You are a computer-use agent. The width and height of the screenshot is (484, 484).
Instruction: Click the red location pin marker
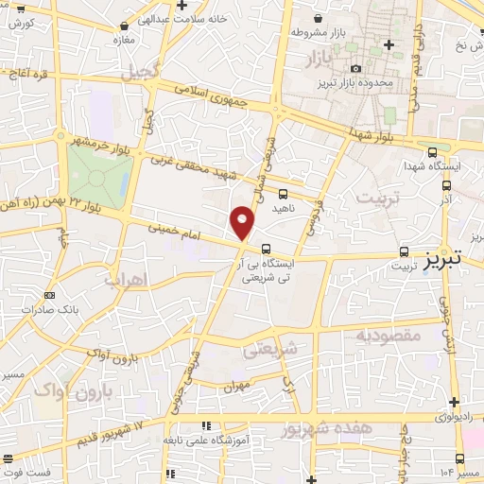[243, 223]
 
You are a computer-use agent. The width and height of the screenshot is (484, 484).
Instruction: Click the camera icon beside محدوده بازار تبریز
[355, 69]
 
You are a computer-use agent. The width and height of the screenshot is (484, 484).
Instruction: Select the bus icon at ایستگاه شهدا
[432, 151]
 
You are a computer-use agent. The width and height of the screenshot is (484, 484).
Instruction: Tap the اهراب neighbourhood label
[124, 281]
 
